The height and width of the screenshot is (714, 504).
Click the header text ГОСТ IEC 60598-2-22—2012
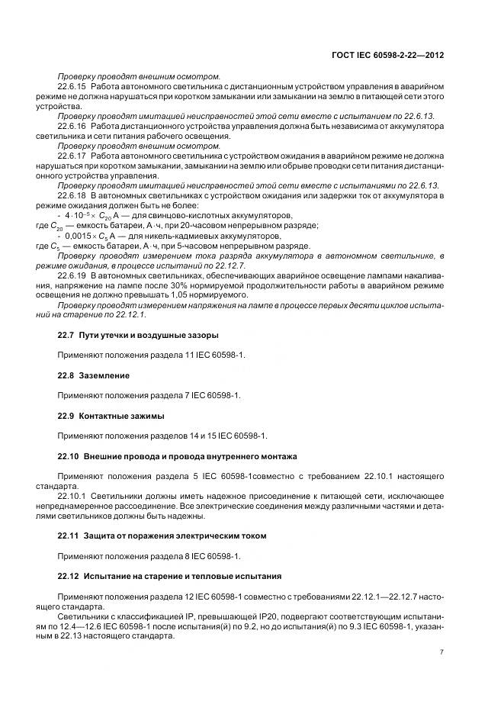389,56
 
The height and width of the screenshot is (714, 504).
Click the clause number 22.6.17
72,156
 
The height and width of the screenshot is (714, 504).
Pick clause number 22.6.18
72,195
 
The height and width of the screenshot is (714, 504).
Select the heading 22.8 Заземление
94,375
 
